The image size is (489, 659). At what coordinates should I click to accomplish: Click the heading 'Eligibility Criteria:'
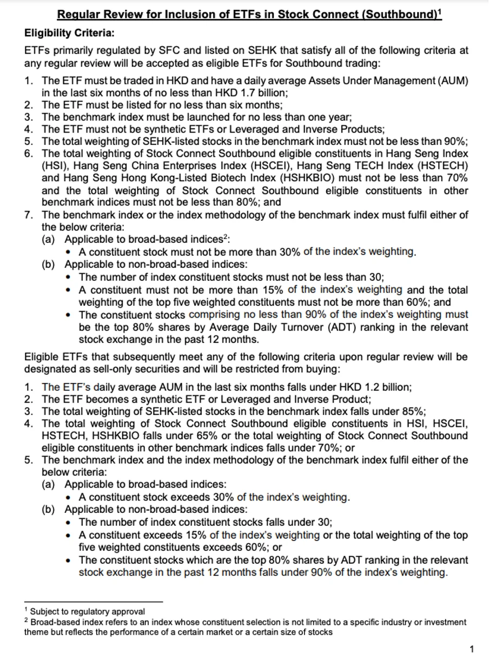[69, 33]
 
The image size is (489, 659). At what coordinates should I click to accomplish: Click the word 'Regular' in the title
[78, 15]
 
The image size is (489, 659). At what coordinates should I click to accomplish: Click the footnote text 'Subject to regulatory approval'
[88, 611]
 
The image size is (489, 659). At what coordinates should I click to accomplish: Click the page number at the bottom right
[472, 649]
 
